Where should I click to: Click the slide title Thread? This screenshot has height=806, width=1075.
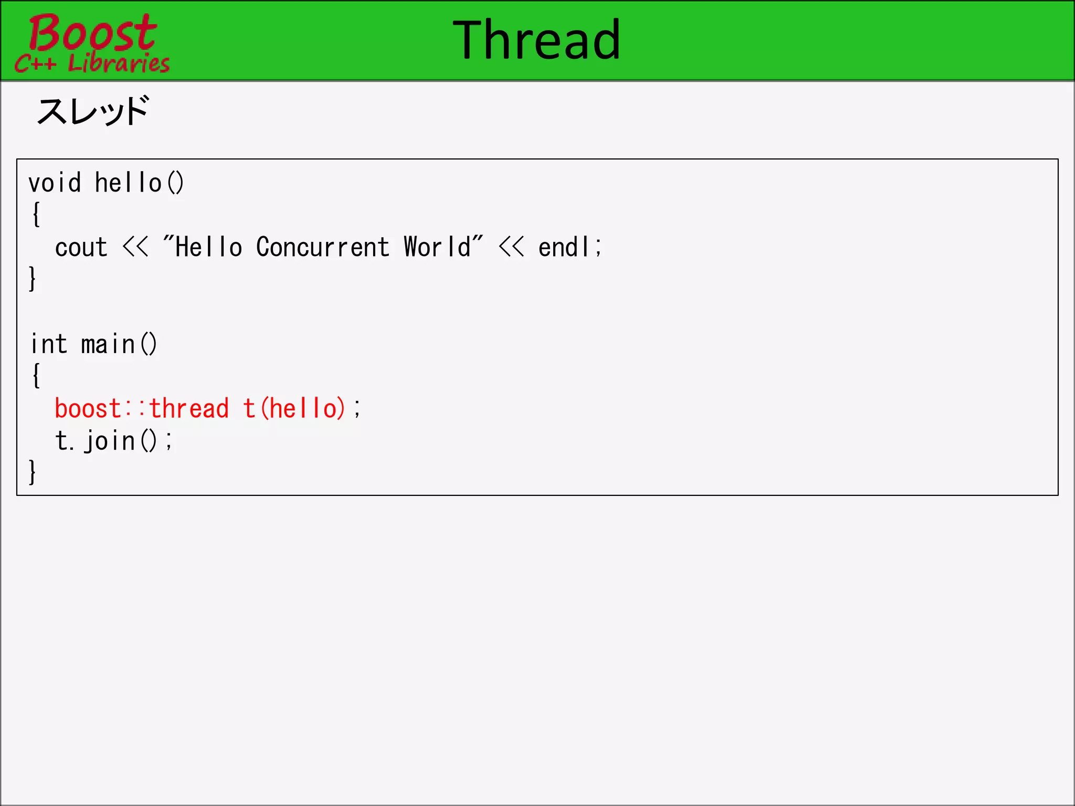pyautogui.click(x=536, y=40)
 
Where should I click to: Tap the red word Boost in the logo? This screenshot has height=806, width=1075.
pyautogui.click(x=92, y=33)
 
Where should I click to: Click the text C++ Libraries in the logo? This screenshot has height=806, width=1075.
pyautogui.click(x=92, y=63)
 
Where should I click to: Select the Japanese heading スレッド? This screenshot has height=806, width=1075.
pyautogui.click(x=93, y=111)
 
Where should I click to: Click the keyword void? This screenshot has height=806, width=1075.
pyautogui.click(x=55, y=183)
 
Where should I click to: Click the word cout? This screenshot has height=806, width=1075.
pyautogui.click(x=81, y=247)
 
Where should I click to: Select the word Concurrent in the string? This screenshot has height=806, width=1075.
pyautogui.click(x=322, y=247)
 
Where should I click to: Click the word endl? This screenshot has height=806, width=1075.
pyautogui.click(x=564, y=247)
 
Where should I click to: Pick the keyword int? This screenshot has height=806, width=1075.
pyautogui.click(x=49, y=344)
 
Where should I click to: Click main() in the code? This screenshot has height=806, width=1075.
pyautogui.click(x=119, y=344)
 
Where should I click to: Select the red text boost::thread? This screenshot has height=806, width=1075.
pyautogui.click(x=142, y=408)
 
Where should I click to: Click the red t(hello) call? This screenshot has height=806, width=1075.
pyautogui.click(x=294, y=408)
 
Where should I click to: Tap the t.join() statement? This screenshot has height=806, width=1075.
pyautogui.click(x=113, y=440)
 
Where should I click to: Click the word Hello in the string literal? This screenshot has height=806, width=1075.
pyautogui.click(x=208, y=247)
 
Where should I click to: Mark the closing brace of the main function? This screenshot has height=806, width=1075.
pyautogui.click(x=33, y=472)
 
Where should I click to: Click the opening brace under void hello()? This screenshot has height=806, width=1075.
pyautogui.click(x=36, y=215)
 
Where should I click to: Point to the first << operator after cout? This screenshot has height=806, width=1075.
pyautogui.click(x=135, y=247)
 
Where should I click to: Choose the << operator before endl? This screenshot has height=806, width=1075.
pyautogui.click(x=511, y=247)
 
